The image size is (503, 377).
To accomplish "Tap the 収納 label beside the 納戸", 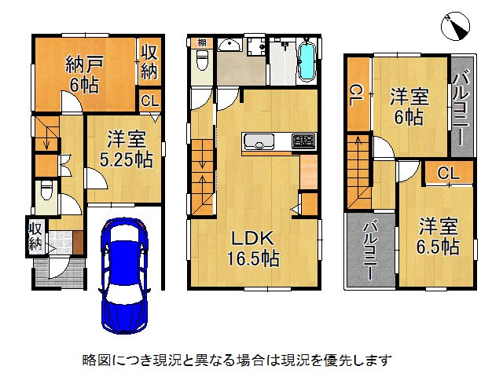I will click(149, 62).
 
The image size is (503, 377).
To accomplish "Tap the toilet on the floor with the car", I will click(46, 190).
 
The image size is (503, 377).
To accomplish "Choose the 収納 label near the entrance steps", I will click(35, 235).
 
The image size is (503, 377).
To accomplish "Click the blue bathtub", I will click(307, 60).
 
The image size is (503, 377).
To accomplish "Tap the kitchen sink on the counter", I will click(258, 141).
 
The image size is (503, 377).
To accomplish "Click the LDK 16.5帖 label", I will click(252, 247).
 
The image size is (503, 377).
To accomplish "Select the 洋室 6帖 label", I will click(409, 108).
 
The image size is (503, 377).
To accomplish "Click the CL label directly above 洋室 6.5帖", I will click(449, 173).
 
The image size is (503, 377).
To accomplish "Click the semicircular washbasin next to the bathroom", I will click(229, 45).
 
